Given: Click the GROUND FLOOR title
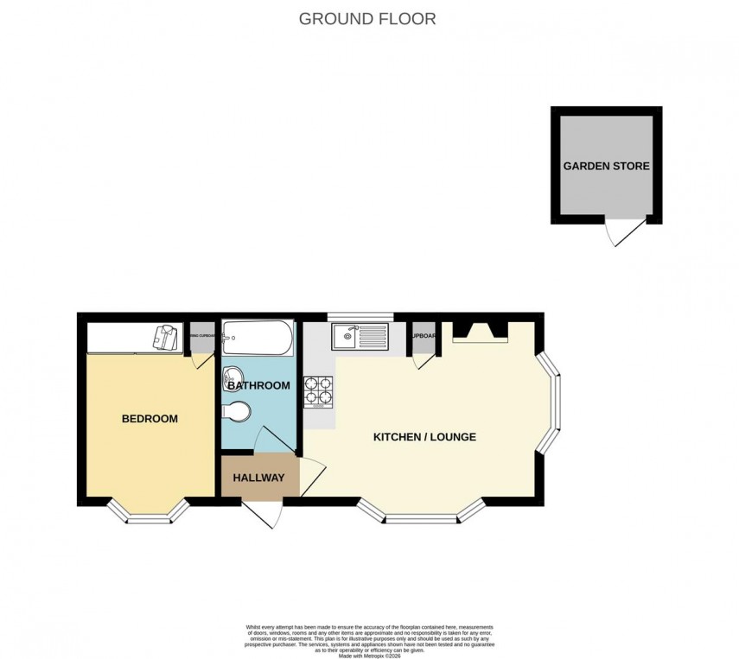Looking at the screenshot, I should coord(367,18).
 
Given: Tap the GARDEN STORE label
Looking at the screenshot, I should coord(606,166).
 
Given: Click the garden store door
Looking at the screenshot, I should coord(625,231).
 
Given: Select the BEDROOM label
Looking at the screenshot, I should coord(150,419).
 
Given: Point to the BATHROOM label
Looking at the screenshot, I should coord(258,385).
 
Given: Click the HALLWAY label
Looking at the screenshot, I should coord(258,478).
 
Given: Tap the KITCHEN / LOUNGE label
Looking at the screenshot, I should coord(424,437).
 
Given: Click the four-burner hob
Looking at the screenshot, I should coord(318,390).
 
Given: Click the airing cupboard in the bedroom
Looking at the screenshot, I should coord(201,339).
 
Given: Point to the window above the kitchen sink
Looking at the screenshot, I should coord(360,316).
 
